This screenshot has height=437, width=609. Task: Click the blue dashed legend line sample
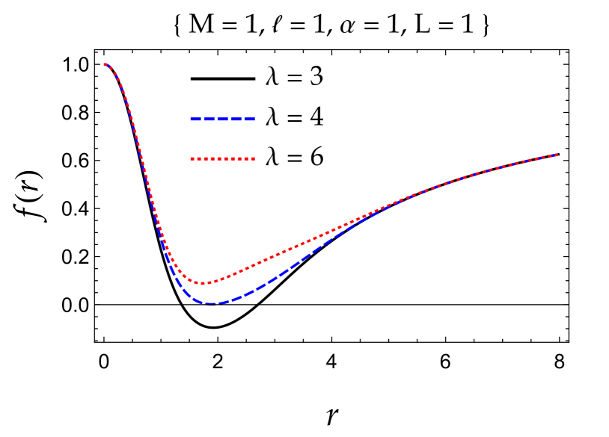222,119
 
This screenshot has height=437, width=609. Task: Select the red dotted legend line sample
222,158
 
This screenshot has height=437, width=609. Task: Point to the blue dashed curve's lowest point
211,303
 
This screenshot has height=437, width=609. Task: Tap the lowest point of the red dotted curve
203,283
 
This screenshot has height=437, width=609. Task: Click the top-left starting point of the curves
105,64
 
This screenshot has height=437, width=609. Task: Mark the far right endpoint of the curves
557,155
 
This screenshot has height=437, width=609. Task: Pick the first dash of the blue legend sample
196,119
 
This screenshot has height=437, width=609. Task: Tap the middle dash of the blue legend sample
222,119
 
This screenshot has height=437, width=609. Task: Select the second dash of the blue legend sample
209,119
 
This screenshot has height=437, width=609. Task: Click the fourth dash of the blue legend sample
236,119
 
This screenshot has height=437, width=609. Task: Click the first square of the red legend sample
192,158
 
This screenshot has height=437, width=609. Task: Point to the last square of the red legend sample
253,158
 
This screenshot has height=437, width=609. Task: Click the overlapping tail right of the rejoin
464,177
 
